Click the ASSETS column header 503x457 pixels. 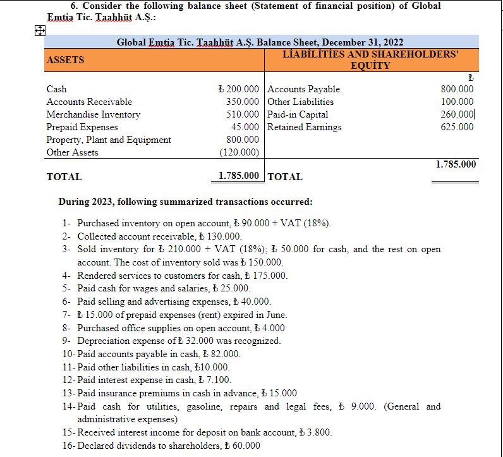click(66, 59)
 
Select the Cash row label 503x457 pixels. click(56, 89)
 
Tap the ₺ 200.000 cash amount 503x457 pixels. click(238, 89)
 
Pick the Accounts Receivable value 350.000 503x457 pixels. click(243, 102)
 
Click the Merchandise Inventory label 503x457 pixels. click(94, 114)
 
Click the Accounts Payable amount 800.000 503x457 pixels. click(457, 89)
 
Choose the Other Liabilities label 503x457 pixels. click(301, 102)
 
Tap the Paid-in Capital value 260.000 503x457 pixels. click(457, 114)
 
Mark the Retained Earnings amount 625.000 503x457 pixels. click(457, 127)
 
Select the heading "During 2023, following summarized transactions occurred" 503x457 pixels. click(185, 202)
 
